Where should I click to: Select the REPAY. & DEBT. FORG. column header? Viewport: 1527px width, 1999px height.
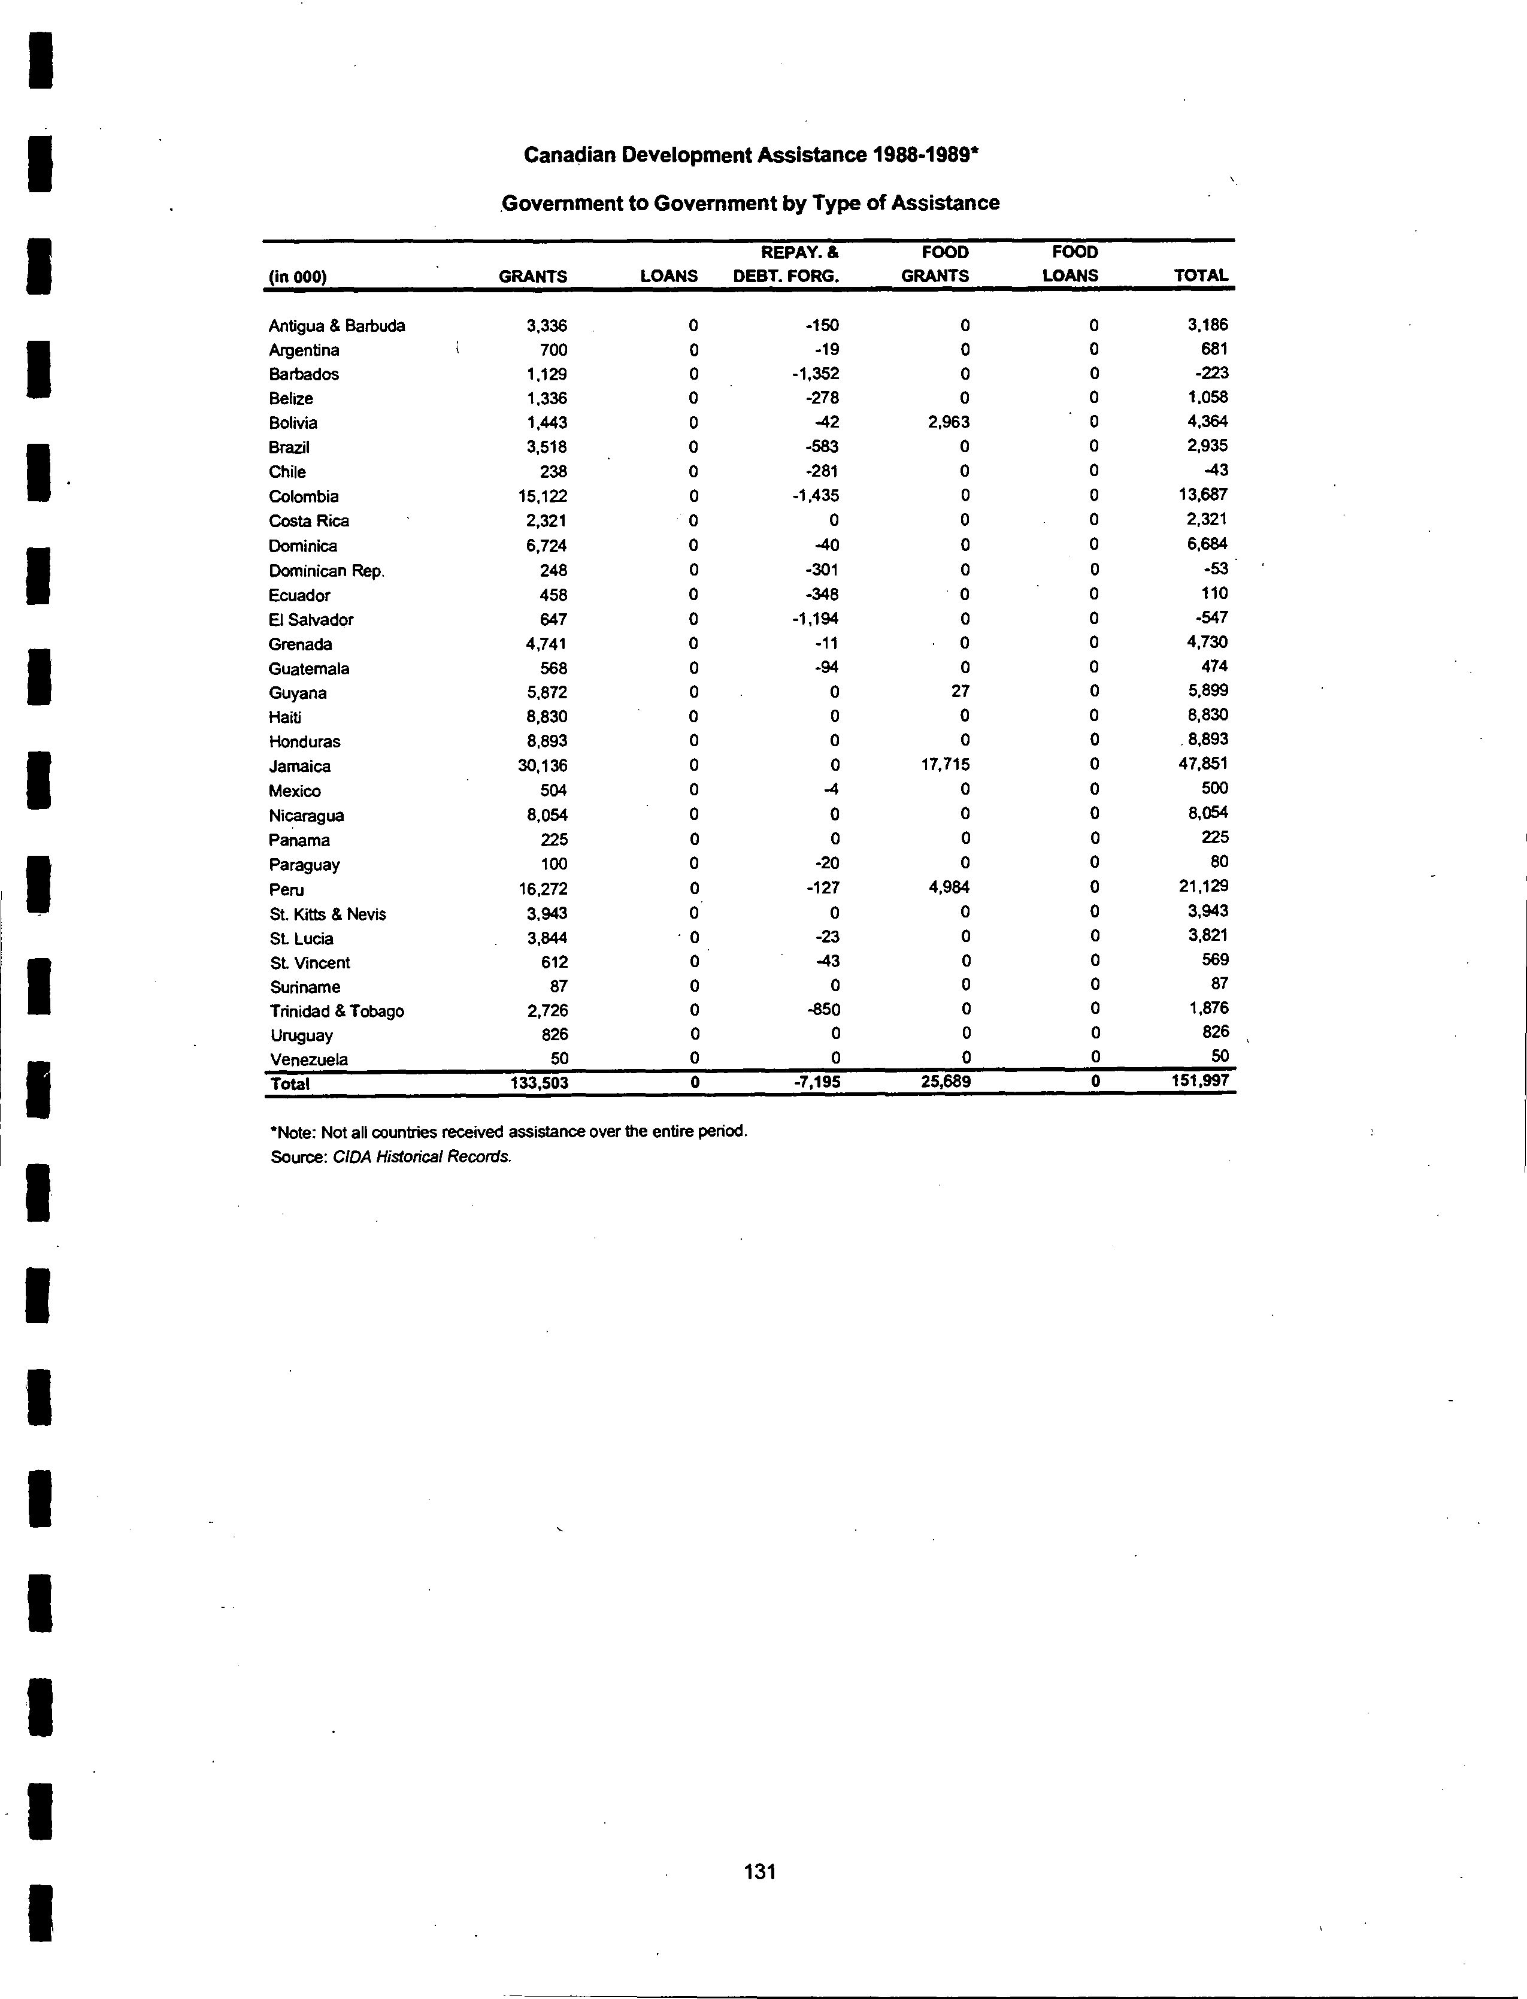click(x=786, y=263)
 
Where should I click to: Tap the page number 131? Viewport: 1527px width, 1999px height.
click(x=760, y=1871)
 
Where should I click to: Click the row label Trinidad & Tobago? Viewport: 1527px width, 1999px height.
click(x=337, y=1011)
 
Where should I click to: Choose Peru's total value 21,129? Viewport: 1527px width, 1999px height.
click(x=1204, y=886)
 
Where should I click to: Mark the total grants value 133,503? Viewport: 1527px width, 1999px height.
click(x=540, y=1083)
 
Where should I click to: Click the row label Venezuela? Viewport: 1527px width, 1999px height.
click(x=309, y=1059)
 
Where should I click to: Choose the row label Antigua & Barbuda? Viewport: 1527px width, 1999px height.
click(x=337, y=325)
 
